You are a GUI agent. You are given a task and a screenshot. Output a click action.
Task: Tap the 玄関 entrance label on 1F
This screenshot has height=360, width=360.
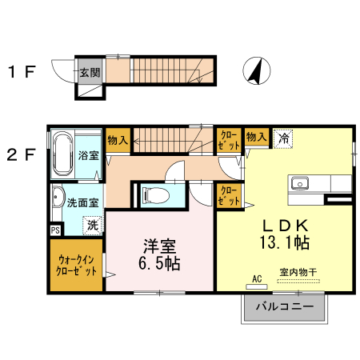(x=90, y=72)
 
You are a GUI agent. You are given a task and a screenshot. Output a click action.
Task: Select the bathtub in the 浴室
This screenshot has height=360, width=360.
(x=62, y=154)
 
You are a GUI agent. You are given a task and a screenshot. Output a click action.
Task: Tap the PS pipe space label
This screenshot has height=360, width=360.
(x=55, y=230)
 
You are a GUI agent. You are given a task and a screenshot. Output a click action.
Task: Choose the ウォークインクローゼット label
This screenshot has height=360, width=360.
(x=77, y=265)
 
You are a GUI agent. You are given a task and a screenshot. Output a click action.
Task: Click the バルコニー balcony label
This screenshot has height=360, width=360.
(x=284, y=306)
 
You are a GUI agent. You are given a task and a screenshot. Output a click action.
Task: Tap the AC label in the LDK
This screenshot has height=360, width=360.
(x=257, y=278)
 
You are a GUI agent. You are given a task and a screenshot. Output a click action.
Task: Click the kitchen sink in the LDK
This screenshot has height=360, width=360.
(x=300, y=182)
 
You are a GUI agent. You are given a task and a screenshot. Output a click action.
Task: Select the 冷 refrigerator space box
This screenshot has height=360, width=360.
(x=283, y=138)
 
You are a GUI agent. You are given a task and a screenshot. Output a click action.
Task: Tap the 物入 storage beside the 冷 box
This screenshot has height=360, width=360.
(x=256, y=138)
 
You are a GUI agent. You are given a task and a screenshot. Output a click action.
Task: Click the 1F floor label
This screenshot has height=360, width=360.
(x=22, y=73)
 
